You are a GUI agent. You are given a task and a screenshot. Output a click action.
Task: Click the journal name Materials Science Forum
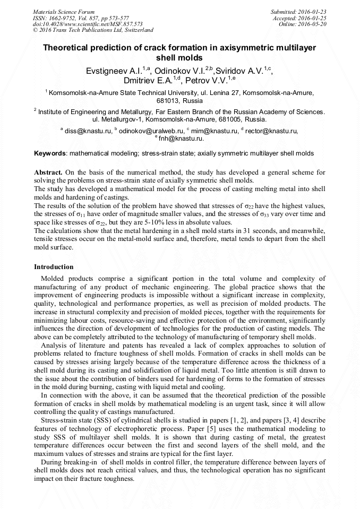[64, 11]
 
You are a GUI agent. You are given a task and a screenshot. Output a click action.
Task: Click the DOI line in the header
[88, 24]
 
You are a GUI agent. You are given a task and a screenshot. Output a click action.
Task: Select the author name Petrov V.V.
[207, 81]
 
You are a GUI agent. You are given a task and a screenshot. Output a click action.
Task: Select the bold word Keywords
[49, 153]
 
